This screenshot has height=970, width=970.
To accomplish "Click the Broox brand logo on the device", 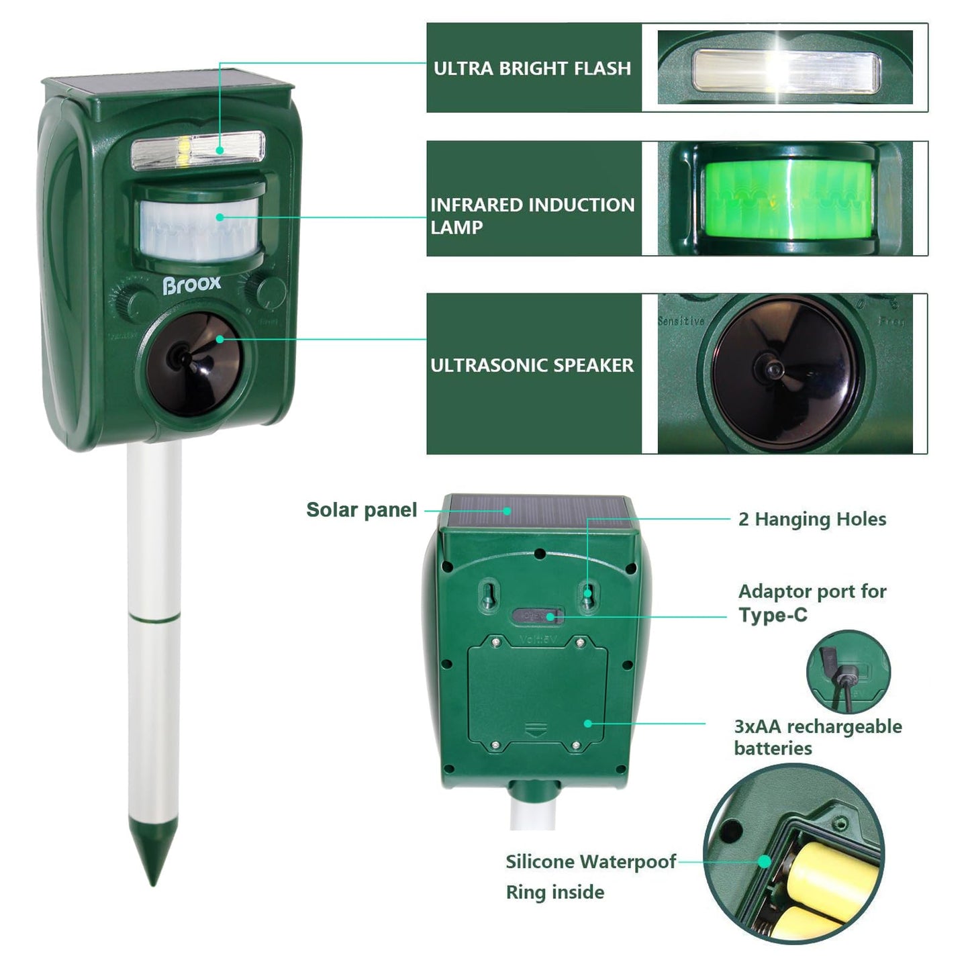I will (x=191, y=285).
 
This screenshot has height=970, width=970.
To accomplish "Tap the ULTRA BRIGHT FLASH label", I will (x=532, y=68).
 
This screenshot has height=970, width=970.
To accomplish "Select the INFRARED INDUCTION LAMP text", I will (x=532, y=215).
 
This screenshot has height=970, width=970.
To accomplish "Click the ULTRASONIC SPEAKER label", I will (x=532, y=365).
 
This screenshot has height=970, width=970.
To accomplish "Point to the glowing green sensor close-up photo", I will (x=785, y=199).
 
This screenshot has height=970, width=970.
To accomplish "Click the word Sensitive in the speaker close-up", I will (x=681, y=322).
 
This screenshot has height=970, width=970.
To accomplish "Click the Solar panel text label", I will (x=361, y=510).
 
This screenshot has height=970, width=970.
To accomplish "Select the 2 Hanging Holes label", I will (x=812, y=519).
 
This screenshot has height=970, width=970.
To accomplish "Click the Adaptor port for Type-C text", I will (x=812, y=603).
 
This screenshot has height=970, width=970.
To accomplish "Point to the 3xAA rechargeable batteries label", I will (x=818, y=737).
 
